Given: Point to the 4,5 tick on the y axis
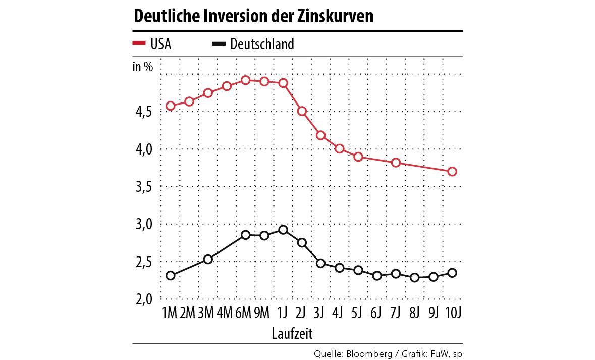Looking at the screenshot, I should point(143,112).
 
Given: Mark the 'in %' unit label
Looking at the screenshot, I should point(143,67).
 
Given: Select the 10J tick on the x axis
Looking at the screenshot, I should point(452,314).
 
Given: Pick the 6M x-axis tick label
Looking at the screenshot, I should point(244,314).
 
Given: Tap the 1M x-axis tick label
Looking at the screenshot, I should point(170,314).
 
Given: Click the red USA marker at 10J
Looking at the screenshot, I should point(452,172).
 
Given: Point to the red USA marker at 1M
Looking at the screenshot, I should point(171,106).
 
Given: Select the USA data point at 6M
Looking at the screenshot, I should point(245,80).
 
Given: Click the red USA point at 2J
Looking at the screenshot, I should point(302,111).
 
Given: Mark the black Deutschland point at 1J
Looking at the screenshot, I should point(283,230).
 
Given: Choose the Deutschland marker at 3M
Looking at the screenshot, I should point(208,260).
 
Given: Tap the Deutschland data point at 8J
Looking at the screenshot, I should point(415,278).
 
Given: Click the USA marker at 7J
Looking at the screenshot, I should point(396,163).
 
